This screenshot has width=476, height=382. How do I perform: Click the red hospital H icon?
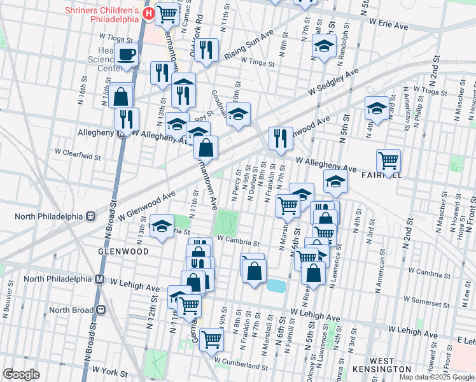pos(148,13)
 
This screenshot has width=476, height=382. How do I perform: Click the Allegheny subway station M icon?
pos(121,133)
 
